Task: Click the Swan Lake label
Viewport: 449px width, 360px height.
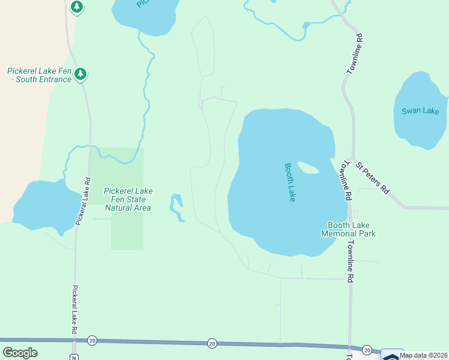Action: (x=420, y=111)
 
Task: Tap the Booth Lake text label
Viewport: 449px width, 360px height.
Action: (x=291, y=182)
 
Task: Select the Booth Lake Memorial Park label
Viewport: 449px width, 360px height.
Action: (x=348, y=229)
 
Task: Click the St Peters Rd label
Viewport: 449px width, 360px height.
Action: (x=372, y=177)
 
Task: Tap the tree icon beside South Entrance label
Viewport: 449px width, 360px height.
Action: (x=81, y=74)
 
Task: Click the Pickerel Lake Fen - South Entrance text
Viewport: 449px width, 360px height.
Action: (x=39, y=75)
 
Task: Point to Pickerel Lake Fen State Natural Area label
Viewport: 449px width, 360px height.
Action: (x=128, y=199)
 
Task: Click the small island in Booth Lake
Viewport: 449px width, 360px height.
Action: (x=307, y=168)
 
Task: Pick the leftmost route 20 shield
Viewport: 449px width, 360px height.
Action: (x=92, y=340)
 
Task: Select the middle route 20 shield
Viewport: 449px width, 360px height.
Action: (x=212, y=343)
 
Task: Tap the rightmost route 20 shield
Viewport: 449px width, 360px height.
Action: (x=367, y=350)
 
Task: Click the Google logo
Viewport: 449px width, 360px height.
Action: (x=20, y=353)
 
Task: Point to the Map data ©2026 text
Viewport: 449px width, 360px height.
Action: (x=424, y=355)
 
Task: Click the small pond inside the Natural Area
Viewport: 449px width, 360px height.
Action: (x=176, y=207)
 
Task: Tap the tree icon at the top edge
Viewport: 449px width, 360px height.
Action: (x=76, y=7)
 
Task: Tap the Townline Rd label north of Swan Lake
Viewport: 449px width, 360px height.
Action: (x=355, y=54)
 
